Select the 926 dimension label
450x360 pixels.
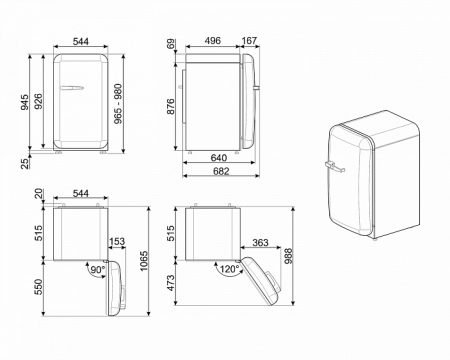tap(38, 102)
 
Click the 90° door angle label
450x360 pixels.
tap(98, 270)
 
